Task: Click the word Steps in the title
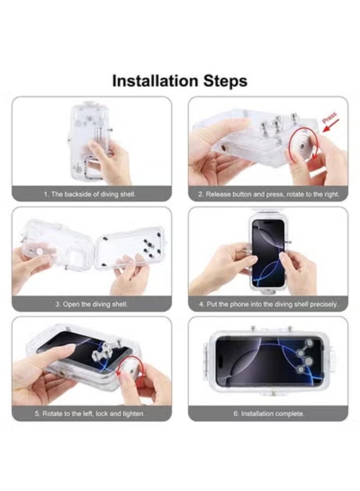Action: click(x=221, y=81)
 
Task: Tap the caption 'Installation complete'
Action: click(x=268, y=414)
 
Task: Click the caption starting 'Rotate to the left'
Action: click(x=91, y=414)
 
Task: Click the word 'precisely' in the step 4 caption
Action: click(x=323, y=304)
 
